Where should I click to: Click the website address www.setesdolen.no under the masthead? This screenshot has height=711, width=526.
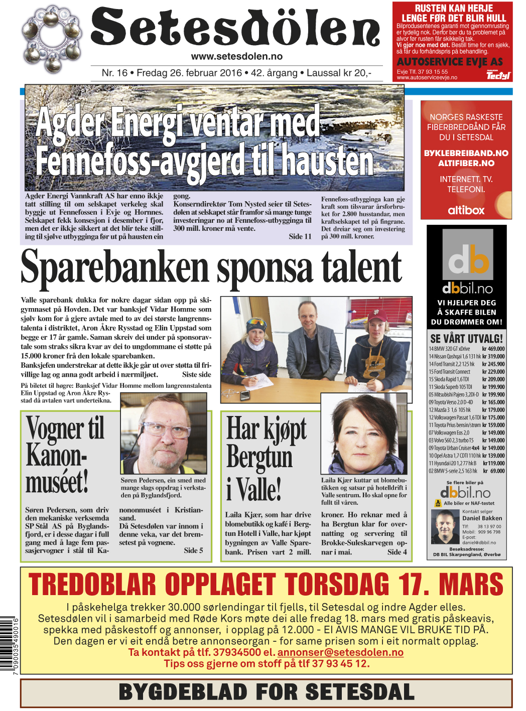236,57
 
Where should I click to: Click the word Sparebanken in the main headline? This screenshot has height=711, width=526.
114,268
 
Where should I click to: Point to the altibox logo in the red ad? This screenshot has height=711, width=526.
466,210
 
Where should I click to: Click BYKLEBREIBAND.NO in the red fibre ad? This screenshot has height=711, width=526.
466,153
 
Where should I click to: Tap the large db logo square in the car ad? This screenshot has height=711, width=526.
467,254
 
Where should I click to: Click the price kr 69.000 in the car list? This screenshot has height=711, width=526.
495,471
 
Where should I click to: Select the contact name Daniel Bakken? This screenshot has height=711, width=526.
482,518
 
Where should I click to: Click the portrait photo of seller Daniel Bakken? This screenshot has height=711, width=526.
446,526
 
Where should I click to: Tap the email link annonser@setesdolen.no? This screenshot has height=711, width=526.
340,652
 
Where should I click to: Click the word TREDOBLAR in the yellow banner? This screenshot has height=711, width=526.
92,585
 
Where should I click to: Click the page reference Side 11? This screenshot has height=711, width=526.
300,236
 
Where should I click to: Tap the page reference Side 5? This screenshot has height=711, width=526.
193,550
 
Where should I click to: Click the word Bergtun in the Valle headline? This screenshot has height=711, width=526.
259,458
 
